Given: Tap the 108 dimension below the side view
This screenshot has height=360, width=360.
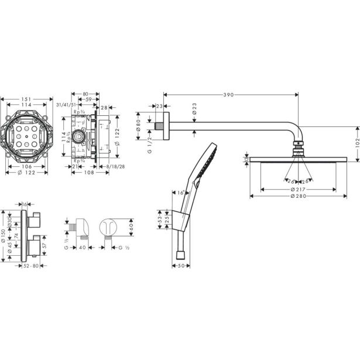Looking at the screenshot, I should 88,173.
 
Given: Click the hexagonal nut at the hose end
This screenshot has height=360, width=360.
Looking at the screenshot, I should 179,255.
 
